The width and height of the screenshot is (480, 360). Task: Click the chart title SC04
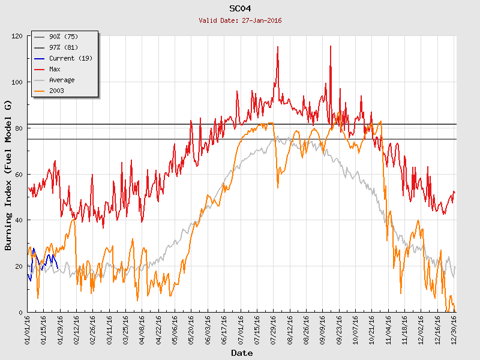240,8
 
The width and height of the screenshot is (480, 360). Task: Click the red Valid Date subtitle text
240,20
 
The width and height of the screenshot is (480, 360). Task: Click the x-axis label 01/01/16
28,331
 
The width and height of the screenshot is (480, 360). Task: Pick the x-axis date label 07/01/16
241,331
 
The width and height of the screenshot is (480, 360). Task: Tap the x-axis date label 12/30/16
454,331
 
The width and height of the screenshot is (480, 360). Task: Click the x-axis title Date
242,353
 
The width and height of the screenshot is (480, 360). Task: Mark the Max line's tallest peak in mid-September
330,46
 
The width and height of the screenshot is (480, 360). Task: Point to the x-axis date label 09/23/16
339,331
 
